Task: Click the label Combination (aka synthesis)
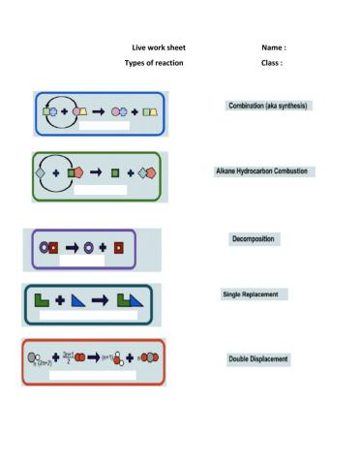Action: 268,105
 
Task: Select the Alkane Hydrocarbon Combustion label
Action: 261,171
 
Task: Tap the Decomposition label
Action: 253,238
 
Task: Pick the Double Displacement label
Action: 257,359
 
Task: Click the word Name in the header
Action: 273,47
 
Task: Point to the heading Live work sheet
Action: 159,47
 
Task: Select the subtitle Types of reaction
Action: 154,63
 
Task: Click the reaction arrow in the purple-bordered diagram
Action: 73,247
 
